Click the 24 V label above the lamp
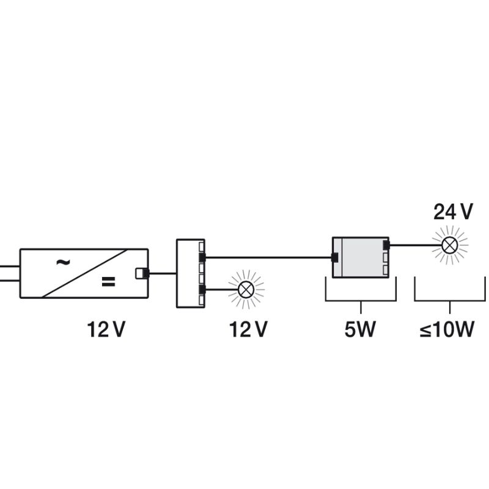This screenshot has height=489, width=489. coord(453,211)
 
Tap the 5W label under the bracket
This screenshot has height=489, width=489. coord(359,330)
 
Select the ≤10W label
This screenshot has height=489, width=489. coord(447,330)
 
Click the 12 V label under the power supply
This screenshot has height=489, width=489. coord(106,330)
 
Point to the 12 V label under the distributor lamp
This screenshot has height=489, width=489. coord(248,330)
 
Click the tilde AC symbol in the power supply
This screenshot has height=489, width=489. coord(62,262)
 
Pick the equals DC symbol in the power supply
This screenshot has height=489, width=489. coord(108,282)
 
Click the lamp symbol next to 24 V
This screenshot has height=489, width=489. coord(450,245)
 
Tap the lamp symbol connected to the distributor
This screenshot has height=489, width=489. coord(246,289)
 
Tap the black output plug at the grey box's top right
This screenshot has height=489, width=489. coord(386,246)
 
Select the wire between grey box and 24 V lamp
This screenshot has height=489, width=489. coord(416,246)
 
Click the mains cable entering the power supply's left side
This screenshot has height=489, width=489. coord(9,273)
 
